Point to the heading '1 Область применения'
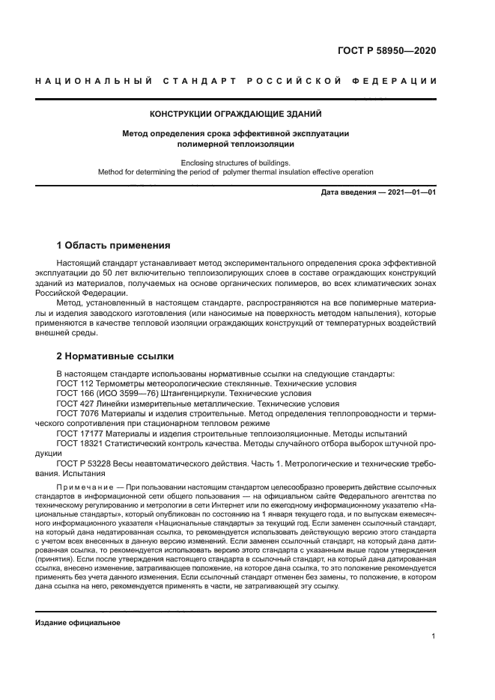114,245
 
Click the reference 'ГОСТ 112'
74,383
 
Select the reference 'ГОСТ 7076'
77,413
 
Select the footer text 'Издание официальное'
78,622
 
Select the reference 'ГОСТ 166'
74,393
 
